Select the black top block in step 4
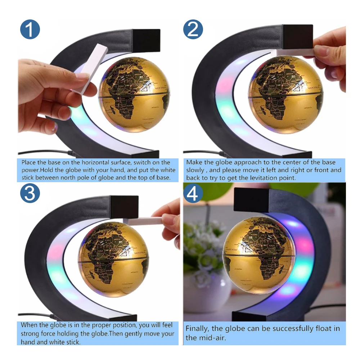click(x=251, y=200)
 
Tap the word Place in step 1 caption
click(x=28, y=163)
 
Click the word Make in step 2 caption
click(x=193, y=163)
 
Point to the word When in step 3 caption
click(x=28, y=325)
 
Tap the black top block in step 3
click(x=124, y=207)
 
